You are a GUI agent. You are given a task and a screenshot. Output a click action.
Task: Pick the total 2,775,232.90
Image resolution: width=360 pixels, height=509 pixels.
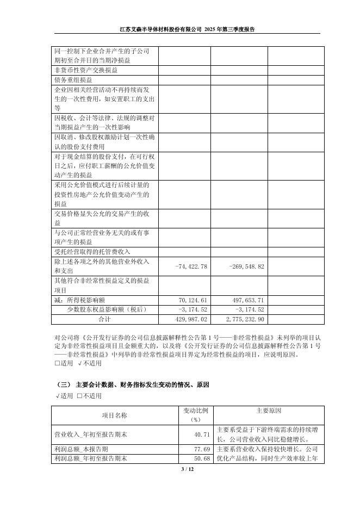tap(243, 319)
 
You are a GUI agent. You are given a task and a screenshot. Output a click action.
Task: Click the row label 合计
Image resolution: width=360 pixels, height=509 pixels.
tap(104, 319)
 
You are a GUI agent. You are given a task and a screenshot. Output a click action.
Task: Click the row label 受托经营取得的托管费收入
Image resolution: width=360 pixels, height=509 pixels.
tap(92, 252)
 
